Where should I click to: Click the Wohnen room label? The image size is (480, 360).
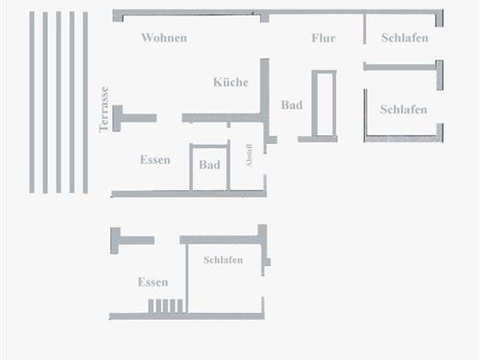coord(163,38)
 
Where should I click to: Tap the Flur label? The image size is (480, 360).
coord(324,38)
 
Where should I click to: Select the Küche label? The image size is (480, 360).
coord(230,83)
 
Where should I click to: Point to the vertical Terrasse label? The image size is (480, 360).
coord(104,108)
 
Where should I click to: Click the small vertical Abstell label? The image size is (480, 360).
coord(250,156)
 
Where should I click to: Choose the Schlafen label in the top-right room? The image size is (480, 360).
coord(404,38)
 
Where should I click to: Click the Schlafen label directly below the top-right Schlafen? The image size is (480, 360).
coord(403,109)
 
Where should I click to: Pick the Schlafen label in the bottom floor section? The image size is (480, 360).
coord(223,260)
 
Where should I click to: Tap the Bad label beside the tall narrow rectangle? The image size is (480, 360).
coord(292,105)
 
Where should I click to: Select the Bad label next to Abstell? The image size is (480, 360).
coord(209,165)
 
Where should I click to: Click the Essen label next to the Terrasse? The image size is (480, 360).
coord(155,159)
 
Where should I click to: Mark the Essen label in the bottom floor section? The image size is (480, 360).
coord(153,282)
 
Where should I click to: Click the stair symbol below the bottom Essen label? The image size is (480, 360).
coord(165,306)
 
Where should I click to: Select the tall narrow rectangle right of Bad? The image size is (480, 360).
coord(324,105)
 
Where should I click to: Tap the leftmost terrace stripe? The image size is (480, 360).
coord(32,102)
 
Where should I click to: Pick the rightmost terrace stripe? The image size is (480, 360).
coord(85,102)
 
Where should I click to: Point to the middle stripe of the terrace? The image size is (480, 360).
coord(59,102)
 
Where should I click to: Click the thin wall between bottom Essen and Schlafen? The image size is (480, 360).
coord(186,277)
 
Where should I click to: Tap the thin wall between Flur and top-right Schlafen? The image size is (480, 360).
coord(365,29)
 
